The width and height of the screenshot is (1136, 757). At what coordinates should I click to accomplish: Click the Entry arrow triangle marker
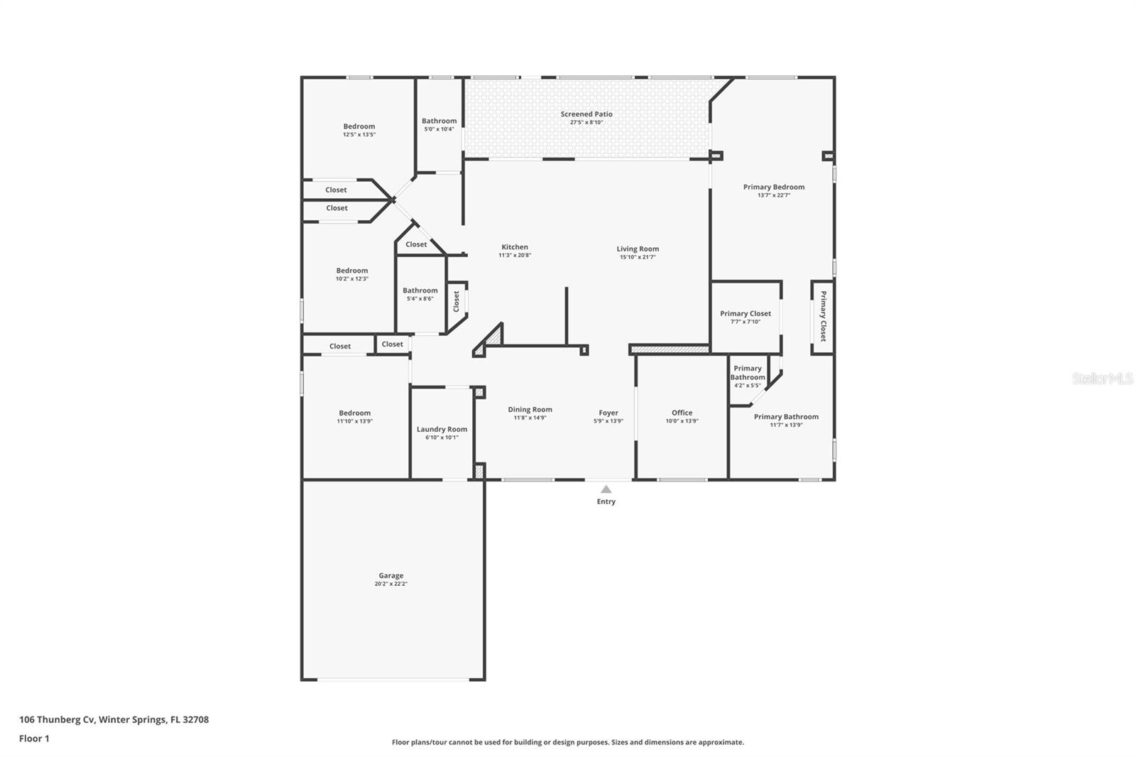[x=606, y=489]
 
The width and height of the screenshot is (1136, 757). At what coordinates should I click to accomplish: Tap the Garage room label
[x=390, y=576]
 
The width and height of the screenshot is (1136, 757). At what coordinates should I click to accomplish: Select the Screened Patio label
[x=586, y=114]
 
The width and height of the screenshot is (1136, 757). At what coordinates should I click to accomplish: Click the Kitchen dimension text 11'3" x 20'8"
[x=515, y=256]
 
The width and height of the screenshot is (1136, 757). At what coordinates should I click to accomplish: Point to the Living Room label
[x=638, y=249]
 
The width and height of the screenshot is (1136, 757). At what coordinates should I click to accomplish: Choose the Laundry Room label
[x=442, y=429]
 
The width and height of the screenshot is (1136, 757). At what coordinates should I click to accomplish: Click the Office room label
[x=682, y=413]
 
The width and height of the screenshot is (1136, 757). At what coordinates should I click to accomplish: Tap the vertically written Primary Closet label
[x=823, y=317]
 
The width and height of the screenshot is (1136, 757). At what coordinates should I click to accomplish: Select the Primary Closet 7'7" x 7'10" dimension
[x=745, y=322]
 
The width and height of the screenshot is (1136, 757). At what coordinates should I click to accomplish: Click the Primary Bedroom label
[x=774, y=187]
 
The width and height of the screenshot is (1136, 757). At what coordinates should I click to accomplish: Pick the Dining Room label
[x=530, y=409]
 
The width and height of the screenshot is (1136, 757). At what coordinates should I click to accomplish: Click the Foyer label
[x=608, y=413]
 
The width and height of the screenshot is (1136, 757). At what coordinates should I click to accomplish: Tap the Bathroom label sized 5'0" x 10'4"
[x=439, y=121]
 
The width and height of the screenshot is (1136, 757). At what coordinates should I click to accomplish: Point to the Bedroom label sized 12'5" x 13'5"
[x=359, y=126]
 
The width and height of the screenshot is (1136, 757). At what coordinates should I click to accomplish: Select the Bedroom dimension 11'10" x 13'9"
[x=355, y=421]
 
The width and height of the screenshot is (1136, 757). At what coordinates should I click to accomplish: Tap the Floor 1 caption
[x=34, y=739]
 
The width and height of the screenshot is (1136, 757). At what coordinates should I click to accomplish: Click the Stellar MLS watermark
[x=1102, y=378]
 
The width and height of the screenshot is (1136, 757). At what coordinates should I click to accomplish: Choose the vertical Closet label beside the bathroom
[x=457, y=301]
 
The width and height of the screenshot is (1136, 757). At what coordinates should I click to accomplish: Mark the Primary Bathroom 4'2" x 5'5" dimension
[x=748, y=386]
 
